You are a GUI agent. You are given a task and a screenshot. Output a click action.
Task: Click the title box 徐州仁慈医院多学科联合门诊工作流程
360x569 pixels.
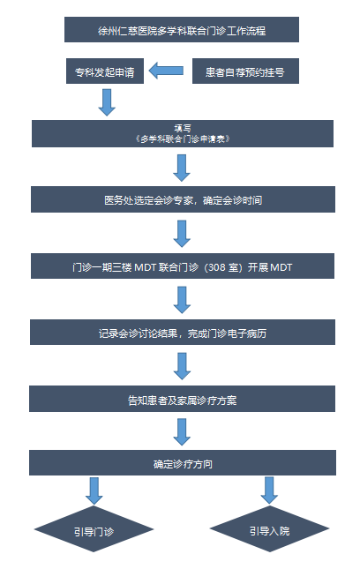coord(182,29)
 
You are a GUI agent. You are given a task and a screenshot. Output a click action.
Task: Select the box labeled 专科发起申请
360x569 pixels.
coord(105,71)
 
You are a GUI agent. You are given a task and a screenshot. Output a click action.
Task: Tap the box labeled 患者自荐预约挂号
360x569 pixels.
coord(245,71)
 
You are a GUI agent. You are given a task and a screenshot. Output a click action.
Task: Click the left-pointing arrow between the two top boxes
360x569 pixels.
coord(166,71)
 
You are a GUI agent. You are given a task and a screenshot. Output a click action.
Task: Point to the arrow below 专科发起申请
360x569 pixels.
coord(107,102)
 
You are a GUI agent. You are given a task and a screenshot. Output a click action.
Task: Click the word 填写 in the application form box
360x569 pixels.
coord(182,129)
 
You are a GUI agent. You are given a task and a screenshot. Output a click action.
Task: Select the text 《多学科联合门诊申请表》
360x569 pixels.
coord(182,139)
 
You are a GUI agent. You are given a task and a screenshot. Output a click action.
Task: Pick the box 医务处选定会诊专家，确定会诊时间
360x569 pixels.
coord(183,199)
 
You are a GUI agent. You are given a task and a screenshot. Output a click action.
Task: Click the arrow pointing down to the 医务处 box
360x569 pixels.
coord(182,168)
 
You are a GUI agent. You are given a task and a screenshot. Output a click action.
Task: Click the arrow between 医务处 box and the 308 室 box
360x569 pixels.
coord(182,234)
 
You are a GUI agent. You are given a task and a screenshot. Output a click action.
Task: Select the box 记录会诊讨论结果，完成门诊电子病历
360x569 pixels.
coord(183,332)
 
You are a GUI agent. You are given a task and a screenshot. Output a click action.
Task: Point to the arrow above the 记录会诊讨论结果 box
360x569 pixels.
coord(182,300)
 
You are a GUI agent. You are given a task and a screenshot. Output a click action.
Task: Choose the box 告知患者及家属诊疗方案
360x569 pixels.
coord(182,399)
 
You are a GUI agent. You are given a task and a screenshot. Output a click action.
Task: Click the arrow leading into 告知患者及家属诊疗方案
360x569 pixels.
coord(182,366)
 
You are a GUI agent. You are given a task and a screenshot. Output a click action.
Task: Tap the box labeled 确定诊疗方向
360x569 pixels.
coord(183,462)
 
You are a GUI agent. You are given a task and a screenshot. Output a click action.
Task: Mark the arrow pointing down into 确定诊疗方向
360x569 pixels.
coord(182,432)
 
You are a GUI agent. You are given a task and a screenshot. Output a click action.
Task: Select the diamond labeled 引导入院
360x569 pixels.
coord(270,529)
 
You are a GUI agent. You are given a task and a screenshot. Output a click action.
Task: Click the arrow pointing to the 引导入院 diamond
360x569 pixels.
coord(269,490)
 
